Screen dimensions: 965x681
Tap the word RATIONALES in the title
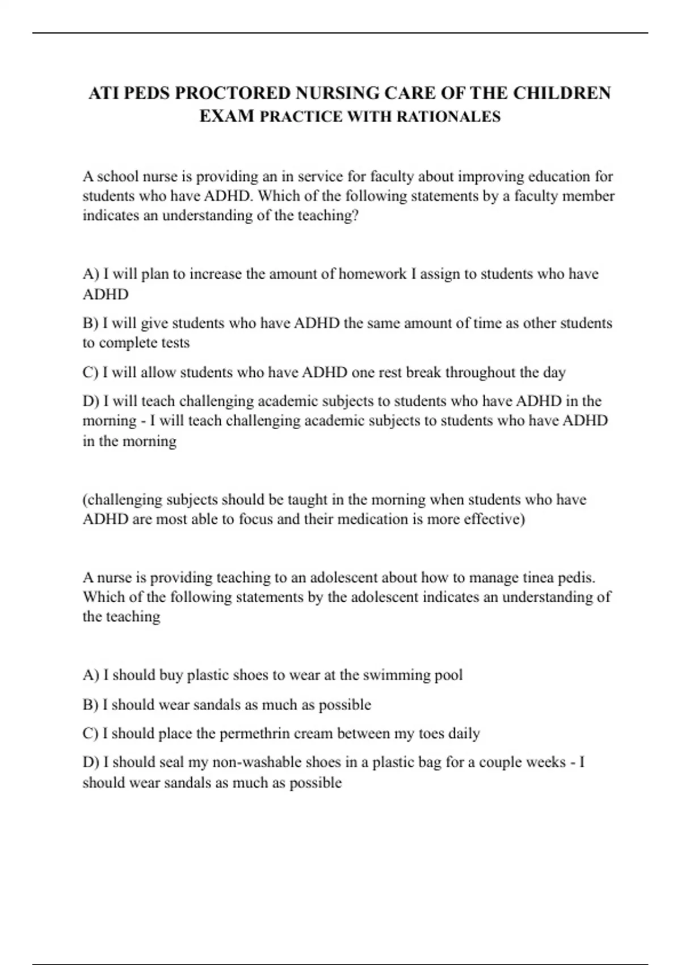click(448, 117)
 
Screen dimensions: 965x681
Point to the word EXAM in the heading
click(227, 116)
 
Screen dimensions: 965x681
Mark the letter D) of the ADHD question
click(91, 401)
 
